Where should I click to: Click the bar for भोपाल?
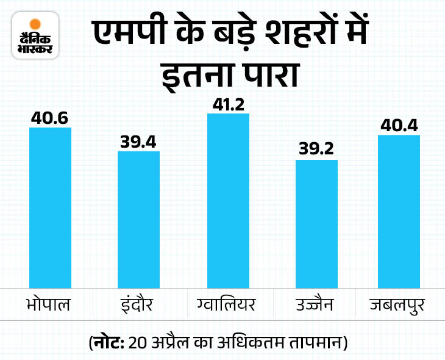pyautogui.click(x=51, y=207)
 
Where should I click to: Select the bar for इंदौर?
pyautogui.click(x=138, y=219)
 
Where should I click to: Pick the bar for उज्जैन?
pyautogui.click(x=316, y=223)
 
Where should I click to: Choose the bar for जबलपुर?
pyautogui.click(x=399, y=211)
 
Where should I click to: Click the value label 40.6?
pyautogui.click(x=51, y=117)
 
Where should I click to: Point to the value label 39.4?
pyautogui.click(x=138, y=142)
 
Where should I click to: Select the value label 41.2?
pyautogui.click(x=228, y=103)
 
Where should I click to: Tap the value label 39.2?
pyautogui.click(x=316, y=150)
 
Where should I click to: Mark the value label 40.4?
pyautogui.click(x=399, y=124)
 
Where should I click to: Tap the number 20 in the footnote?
pyautogui.click(x=135, y=340)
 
